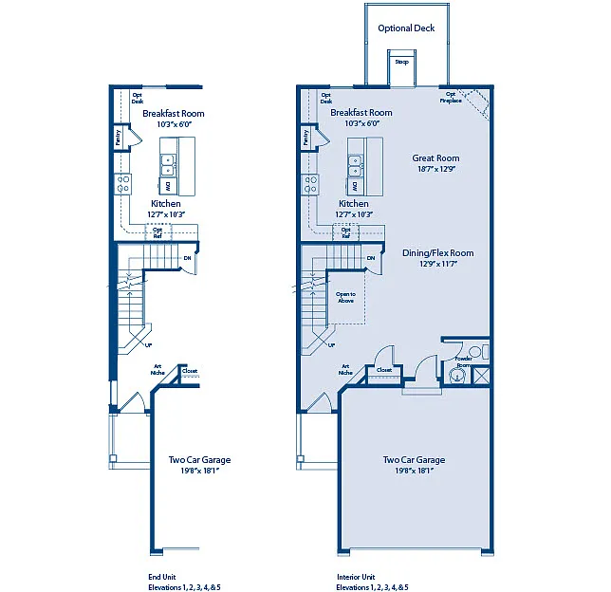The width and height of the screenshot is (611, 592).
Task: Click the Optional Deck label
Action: [406, 28]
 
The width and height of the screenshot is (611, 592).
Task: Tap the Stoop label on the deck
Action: [401, 63]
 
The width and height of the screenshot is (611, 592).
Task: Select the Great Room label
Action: [435, 158]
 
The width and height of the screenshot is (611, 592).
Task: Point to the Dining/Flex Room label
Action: [437, 253]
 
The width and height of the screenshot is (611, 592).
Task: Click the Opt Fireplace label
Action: [452, 97]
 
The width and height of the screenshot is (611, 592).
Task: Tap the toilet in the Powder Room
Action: [476, 352]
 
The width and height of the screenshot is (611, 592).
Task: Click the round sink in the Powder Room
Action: [458, 376]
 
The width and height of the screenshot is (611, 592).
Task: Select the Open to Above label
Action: [345, 297]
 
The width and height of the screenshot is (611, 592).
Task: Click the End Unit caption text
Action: [162, 577]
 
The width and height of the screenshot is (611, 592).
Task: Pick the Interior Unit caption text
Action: [356, 577]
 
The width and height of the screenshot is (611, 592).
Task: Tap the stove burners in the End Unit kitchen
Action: [123, 185]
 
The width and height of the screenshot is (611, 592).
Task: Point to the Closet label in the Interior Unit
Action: [384, 370]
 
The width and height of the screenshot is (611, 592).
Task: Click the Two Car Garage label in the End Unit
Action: [199, 460]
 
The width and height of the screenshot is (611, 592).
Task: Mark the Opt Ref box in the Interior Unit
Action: [346, 232]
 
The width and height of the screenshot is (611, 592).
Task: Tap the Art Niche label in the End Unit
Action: [157, 369]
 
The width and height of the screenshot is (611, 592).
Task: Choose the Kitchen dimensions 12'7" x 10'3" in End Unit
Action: [166, 214]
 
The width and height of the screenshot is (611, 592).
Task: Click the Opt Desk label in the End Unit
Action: [138, 97]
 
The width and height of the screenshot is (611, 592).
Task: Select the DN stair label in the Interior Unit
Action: [370, 258]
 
